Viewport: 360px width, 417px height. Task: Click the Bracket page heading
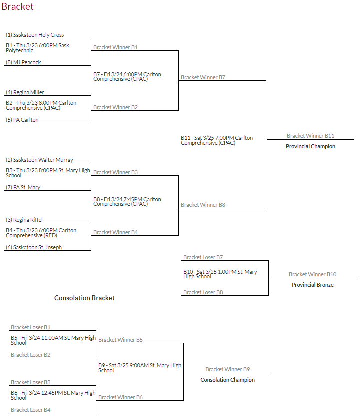click(17, 7)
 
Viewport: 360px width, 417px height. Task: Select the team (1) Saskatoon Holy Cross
click(35, 35)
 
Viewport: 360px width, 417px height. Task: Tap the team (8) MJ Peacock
click(24, 62)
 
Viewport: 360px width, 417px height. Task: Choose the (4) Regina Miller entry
click(25, 92)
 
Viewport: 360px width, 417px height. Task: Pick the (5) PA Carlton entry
click(22, 120)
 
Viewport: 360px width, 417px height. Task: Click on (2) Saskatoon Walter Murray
click(40, 160)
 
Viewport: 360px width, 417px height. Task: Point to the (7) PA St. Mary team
click(23, 187)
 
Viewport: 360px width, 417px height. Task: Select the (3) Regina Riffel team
click(24, 220)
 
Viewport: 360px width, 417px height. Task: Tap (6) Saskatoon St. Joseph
click(34, 247)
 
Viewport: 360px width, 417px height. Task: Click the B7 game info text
click(127, 76)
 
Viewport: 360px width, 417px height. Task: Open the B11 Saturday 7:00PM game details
click(217, 140)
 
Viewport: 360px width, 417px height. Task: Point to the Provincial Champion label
click(310, 146)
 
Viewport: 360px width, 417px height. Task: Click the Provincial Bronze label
click(312, 285)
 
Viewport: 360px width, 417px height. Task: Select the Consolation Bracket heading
click(84, 298)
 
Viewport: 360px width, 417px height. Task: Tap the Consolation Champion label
click(227, 380)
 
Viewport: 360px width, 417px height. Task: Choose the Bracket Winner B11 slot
click(310, 136)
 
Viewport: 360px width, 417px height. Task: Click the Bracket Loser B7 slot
click(203, 257)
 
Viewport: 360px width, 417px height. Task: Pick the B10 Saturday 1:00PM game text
click(220, 274)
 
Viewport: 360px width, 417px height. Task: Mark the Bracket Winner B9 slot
click(227, 369)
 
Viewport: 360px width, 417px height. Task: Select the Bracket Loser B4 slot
click(31, 410)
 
